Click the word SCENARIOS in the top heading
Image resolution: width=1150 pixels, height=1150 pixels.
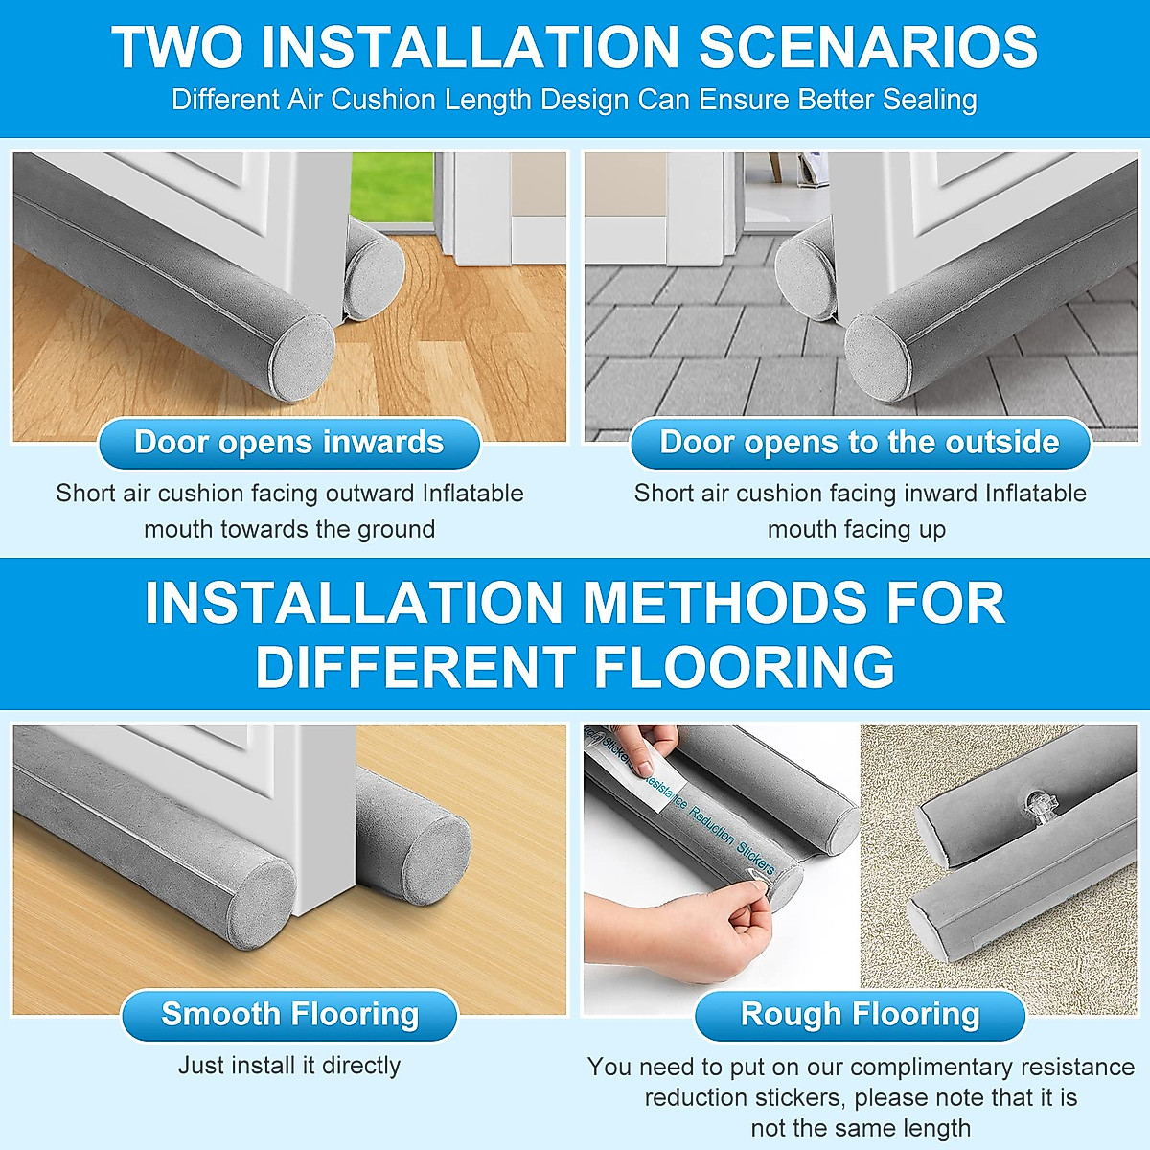coord(867,46)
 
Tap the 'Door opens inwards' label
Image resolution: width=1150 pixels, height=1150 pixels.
coord(288,443)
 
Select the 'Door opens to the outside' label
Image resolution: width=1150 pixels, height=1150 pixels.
coord(860,443)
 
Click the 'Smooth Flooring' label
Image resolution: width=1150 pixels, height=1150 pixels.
coord(289,1014)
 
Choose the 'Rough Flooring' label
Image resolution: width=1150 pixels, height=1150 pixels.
coord(860,1014)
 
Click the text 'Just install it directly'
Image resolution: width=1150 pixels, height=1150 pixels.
coord(289,1065)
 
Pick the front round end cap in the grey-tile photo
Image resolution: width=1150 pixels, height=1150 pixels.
coord(877,356)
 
